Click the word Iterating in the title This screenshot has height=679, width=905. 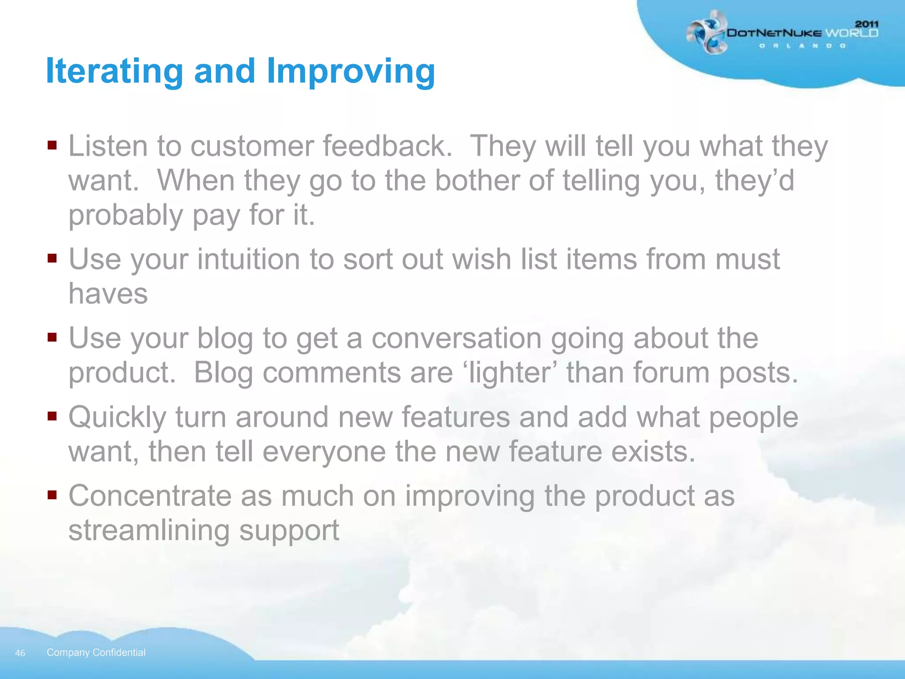pos(114,71)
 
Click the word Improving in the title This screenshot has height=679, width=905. pos(351,71)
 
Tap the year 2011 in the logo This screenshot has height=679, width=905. pos(867,24)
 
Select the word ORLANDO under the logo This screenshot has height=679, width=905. pos(802,46)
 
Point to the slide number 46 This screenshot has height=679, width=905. pos(20,653)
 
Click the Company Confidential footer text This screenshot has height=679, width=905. pos(96,652)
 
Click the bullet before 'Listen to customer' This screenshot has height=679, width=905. pos(52,145)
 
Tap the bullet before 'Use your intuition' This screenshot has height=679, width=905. pos(52,258)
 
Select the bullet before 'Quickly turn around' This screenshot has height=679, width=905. pos(52,416)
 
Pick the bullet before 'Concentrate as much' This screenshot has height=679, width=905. pos(52,494)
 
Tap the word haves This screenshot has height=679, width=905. pos(108,294)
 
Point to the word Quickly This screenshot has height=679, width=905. pos(117,418)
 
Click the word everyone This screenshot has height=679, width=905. pos(324,452)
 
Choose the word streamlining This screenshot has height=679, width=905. pos(149,530)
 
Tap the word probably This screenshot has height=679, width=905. pos(125,216)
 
